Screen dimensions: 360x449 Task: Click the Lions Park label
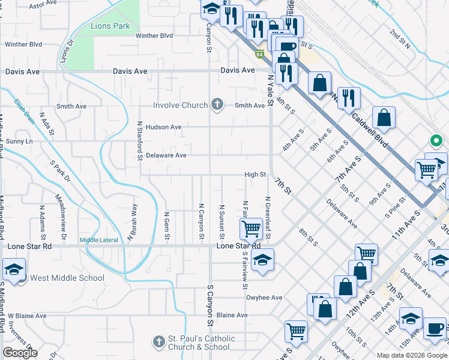[x=110, y=26]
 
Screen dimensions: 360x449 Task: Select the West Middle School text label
[x=67, y=278]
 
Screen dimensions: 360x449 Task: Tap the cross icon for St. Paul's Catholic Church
[x=159, y=342]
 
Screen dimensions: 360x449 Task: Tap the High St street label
[x=255, y=175]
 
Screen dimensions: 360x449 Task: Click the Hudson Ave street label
[x=163, y=127]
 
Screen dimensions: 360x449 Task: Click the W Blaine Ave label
[x=26, y=316]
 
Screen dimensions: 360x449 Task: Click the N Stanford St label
[x=139, y=141]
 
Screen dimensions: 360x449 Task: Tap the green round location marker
[x=436, y=142]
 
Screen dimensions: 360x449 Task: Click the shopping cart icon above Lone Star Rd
[x=250, y=228]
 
